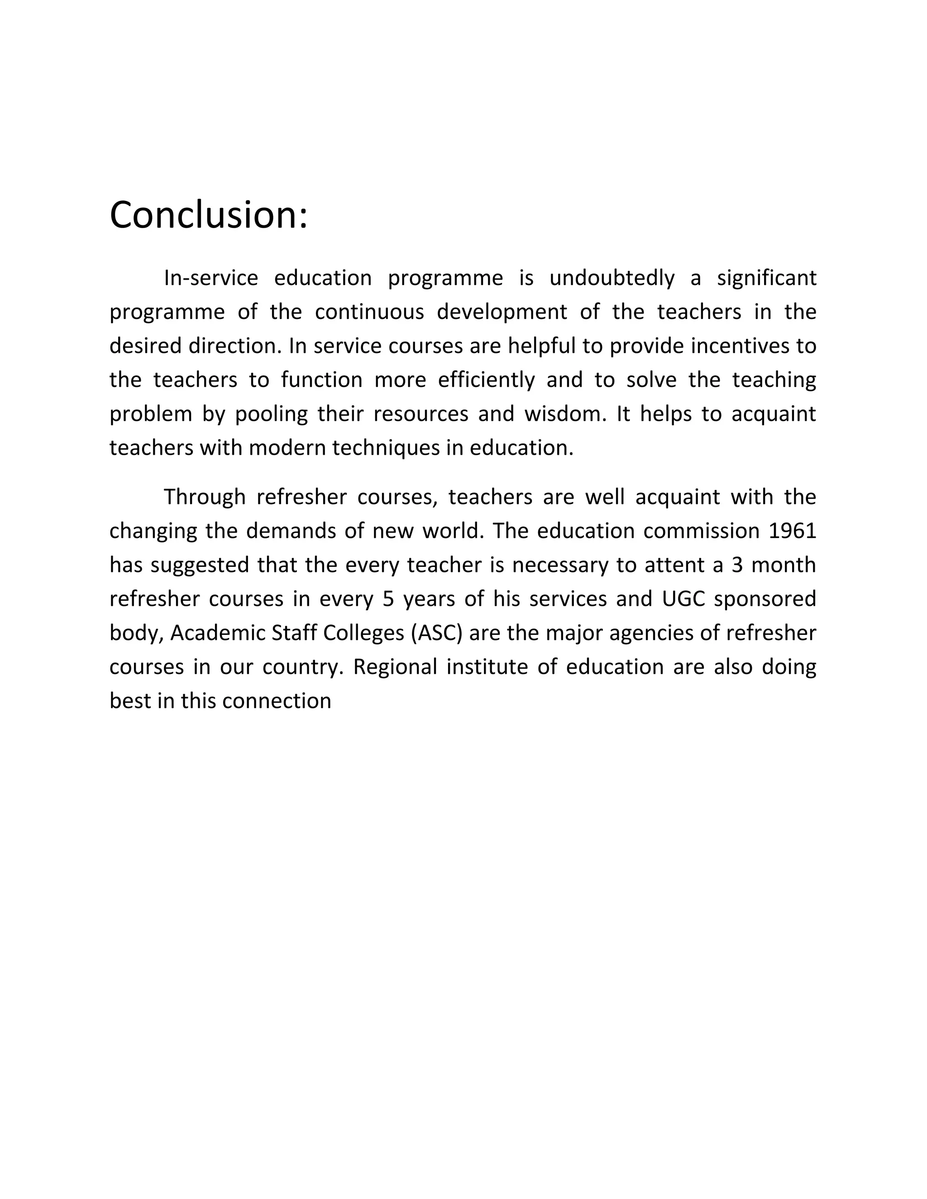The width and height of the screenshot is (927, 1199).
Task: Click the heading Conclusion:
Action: pyautogui.click(x=209, y=215)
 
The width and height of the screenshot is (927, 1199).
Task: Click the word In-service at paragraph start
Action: pyautogui.click(x=211, y=278)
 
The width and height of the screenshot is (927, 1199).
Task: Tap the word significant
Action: pyautogui.click(x=767, y=278)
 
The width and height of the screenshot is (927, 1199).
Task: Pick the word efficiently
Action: pyautogui.click(x=486, y=380)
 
